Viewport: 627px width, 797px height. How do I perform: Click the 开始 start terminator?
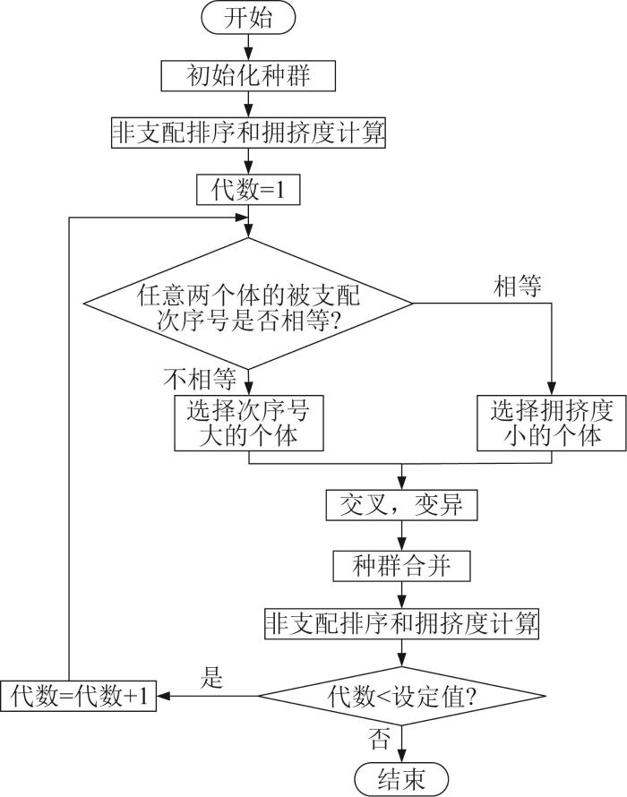tap(248, 18)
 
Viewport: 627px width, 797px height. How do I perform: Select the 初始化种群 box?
tap(248, 76)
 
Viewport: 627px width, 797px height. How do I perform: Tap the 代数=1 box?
tap(248, 190)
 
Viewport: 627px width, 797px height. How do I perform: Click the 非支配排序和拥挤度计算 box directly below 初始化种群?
tap(248, 133)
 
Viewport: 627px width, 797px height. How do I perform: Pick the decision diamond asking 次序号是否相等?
tap(248, 304)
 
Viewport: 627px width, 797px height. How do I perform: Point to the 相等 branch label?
tap(517, 287)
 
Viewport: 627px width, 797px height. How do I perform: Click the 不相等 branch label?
tap(200, 378)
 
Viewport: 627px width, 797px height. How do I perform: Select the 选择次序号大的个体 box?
tap(249, 423)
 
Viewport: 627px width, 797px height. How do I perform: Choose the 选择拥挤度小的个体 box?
tap(551, 423)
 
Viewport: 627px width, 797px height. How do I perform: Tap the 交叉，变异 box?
tap(401, 505)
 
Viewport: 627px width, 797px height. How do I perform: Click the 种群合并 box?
tap(401, 566)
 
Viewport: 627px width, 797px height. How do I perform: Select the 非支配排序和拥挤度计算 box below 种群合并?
tap(401, 623)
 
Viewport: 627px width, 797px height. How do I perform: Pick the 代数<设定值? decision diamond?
tap(401, 697)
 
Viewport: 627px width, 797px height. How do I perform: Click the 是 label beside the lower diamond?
tap(211, 678)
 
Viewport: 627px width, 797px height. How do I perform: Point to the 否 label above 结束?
tap(379, 739)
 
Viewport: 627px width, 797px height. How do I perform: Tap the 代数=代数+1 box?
tap(78, 696)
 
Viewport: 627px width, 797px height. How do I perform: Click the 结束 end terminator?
tap(401, 779)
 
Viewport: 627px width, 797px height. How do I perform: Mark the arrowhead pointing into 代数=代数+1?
tap(163, 697)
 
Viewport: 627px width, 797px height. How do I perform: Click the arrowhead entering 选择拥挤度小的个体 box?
tap(552, 389)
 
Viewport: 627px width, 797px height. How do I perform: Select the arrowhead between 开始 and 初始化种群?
tap(248, 55)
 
